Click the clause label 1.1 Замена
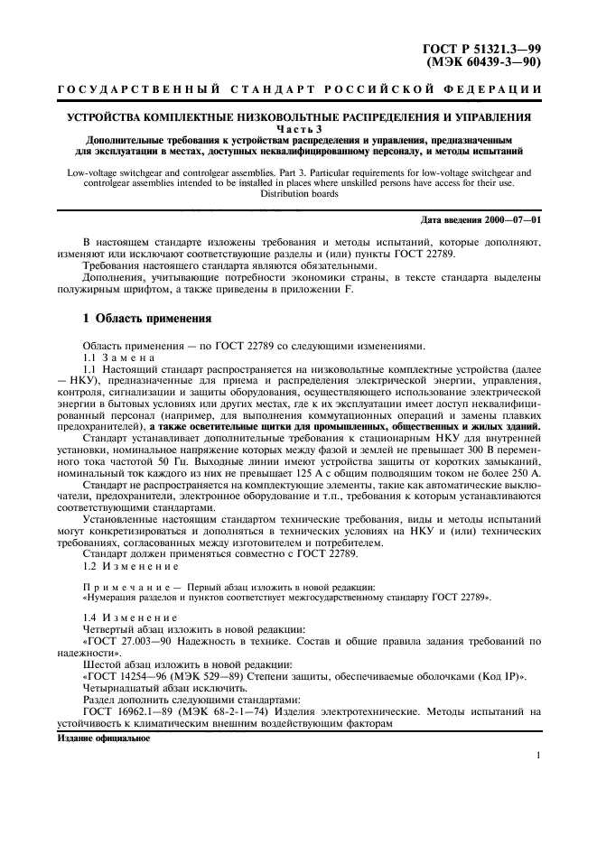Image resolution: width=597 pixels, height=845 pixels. [x=119, y=358]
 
